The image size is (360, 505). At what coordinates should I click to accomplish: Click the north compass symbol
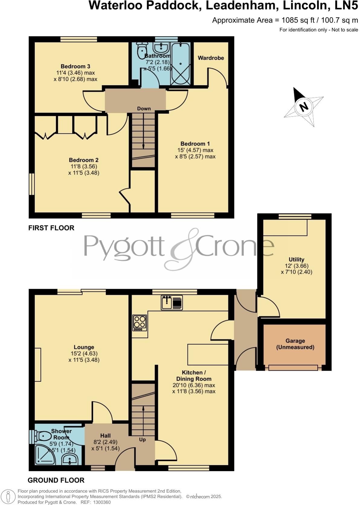[304, 107]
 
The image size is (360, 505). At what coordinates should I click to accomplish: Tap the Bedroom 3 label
[76, 66]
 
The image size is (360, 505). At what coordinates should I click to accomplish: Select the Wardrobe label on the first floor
[211, 58]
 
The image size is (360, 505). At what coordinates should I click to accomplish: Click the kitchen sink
[172, 302]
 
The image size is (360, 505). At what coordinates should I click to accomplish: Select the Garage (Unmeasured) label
[295, 344]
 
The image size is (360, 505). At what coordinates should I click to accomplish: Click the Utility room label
[296, 259]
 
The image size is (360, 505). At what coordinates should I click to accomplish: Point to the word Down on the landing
[144, 109]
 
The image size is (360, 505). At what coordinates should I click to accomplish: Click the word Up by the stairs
[142, 439]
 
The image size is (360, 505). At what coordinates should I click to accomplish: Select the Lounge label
[84, 347]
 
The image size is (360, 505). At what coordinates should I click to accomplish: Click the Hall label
[105, 436]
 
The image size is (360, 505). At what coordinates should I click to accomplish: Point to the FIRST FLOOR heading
[51, 228]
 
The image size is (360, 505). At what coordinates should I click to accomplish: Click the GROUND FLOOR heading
[56, 480]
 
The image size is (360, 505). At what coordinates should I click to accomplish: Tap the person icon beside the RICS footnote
[8, 497]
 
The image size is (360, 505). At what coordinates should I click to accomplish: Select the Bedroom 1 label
[195, 144]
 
